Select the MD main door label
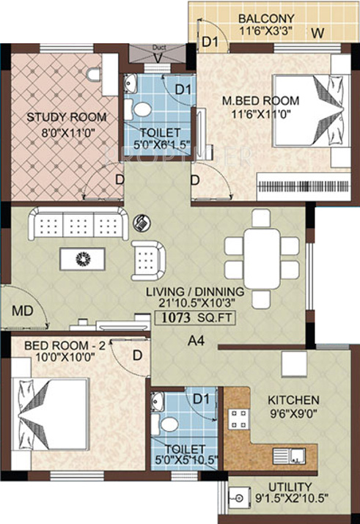pos(21,312)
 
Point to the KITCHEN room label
pos(293,400)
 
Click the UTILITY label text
pos(290,487)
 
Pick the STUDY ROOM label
pos(67,117)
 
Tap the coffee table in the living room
pos(83,257)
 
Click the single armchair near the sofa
pos(150,257)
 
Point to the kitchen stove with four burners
pos(240,418)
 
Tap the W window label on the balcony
pos(317,33)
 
